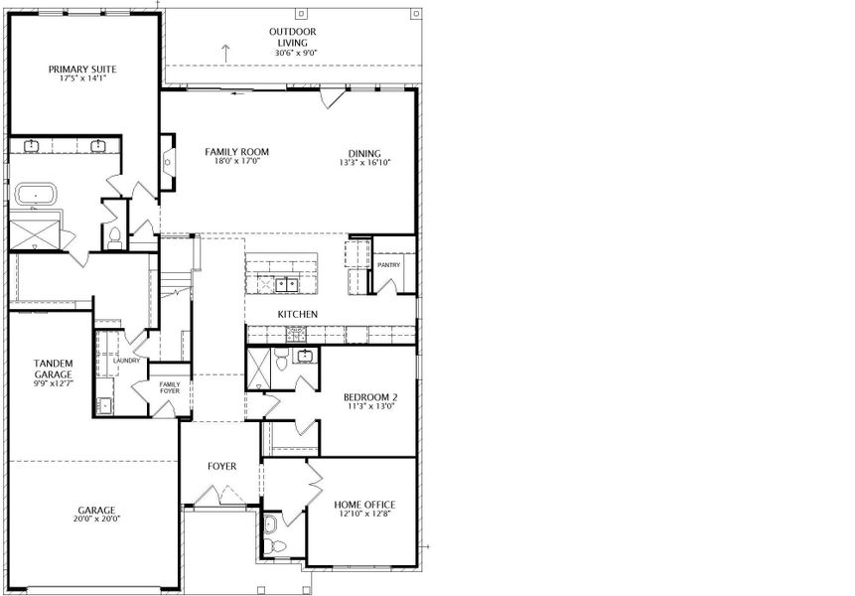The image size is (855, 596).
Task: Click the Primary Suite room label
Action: pyautogui.click(x=82, y=70)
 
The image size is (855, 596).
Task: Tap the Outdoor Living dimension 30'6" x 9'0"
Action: pyautogui.click(x=296, y=53)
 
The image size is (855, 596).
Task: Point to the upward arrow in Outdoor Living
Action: pyautogui.click(x=225, y=53)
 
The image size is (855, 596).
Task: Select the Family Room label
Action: pyautogui.click(x=236, y=152)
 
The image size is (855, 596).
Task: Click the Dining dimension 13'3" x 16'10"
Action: pyautogui.click(x=364, y=163)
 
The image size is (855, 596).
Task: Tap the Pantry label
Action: pyautogui.click(x=389, y=265)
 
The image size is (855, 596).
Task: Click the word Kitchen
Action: pyautogui.click(x=297, y=314)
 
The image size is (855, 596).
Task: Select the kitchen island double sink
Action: pyautogui.click(x=286, y=284)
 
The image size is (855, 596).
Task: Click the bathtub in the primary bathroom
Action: pyautogui.click(x=36, y=194)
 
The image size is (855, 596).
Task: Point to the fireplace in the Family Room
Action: pyautogui.click(x=168, y=162)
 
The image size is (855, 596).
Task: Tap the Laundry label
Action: pyautogui.click(x=126, y=361)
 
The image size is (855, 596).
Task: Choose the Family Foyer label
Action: pyautogui.click(x=170, y=387)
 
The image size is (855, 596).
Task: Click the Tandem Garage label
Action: pyautogui.click(x=53, y=369)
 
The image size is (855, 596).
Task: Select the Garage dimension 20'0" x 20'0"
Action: pyautogui.click(x=97, y=520)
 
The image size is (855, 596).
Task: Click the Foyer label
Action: pyautogui.click(x=221, y=466)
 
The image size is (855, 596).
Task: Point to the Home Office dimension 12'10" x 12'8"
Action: pyautogui.click(x=364, y=514)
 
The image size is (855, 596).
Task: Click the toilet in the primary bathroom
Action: pyautogui.click(x=114, y=236)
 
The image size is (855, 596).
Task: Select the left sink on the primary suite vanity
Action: pyautogui.click(x=32, y=145)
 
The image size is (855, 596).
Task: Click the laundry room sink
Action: pyautogui.click(x=103, y=404)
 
